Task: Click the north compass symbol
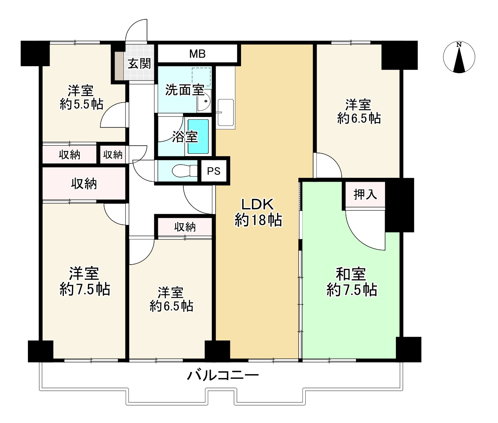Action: pyautogui.click(x=459, y=57)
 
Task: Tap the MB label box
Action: pyautogui.click(x=197, y=54)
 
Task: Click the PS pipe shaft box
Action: pyautogui.click(x=213, y=171)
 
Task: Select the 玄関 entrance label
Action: pyautogui.click(x=139, y=63)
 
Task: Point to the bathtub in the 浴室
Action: pyautogui.click(x=198, y=136)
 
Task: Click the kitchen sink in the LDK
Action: pyautogui.click(x=226, y=113)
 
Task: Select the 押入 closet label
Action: pyautogui.click(x=365, y=194)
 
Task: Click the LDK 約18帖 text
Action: pyautogui.click(x=258, y=212)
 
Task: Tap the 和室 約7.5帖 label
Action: pyautogui.click(x=351, y=282)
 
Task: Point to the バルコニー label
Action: pyautogui.click(x=223, y=375)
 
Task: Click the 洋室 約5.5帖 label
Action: pyautogui.click(x=81, y=98)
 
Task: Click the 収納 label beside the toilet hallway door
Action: pyautogui.click(x=113, y=155)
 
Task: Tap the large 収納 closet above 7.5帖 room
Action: pyautogui.click(x=84, y=184)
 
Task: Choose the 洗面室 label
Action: pyautogui.click(x=184, y=90)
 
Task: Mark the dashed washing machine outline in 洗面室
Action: pyautogui.click(x=201, y=77)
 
